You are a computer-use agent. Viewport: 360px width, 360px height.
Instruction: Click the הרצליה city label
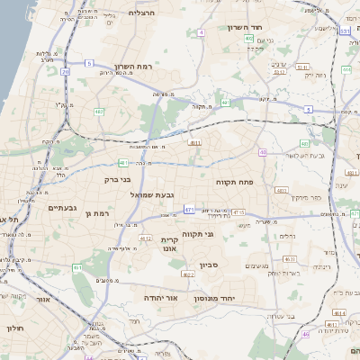pos(142,13)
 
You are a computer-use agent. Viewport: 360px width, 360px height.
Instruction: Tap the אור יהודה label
pos(160,297)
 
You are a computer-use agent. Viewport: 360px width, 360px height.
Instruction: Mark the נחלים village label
pos(286,237)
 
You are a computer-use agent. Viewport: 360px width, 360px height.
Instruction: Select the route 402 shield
pos(248,40)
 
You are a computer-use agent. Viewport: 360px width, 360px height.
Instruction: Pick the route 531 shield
pos(346,31)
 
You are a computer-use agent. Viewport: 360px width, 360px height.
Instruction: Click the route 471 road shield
pos(189,210)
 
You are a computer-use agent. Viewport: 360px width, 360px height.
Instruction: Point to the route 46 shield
pos(305,334)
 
